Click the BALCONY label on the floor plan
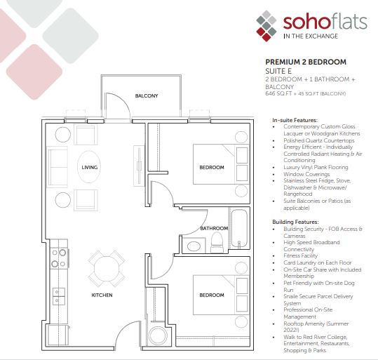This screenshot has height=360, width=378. click(147, 96)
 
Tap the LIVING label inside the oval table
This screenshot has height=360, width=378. click(90, 167)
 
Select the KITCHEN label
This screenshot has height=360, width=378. click(102, 295)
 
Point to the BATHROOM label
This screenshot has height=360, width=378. click(214, 228)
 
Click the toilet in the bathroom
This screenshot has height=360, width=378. click(217, 243)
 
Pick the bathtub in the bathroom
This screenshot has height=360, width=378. click(239, 228)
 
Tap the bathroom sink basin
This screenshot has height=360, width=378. click(194, 246)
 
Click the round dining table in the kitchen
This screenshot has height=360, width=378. click(107, 269)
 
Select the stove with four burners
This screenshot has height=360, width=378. click(60, 258)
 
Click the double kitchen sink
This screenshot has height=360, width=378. click(59, 296)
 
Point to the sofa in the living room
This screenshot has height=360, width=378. click(58, 167)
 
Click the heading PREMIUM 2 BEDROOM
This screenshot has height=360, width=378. click(306, 62)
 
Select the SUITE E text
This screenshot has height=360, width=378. click(278, 71)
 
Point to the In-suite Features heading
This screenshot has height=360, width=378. click(295, 120)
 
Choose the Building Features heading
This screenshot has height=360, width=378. click(295, 222)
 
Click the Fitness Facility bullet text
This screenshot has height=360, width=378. click(300, 255)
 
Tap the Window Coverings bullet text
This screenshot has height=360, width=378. click(306, 174)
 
